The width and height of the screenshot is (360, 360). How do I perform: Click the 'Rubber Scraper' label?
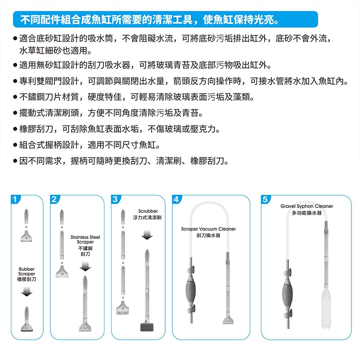pos(27,274)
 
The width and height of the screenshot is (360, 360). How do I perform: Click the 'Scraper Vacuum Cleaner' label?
pos(208,232)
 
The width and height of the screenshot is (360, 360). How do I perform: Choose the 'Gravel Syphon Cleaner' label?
pos(306,209)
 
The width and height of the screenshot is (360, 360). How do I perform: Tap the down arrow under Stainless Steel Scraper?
pos(85,267)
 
